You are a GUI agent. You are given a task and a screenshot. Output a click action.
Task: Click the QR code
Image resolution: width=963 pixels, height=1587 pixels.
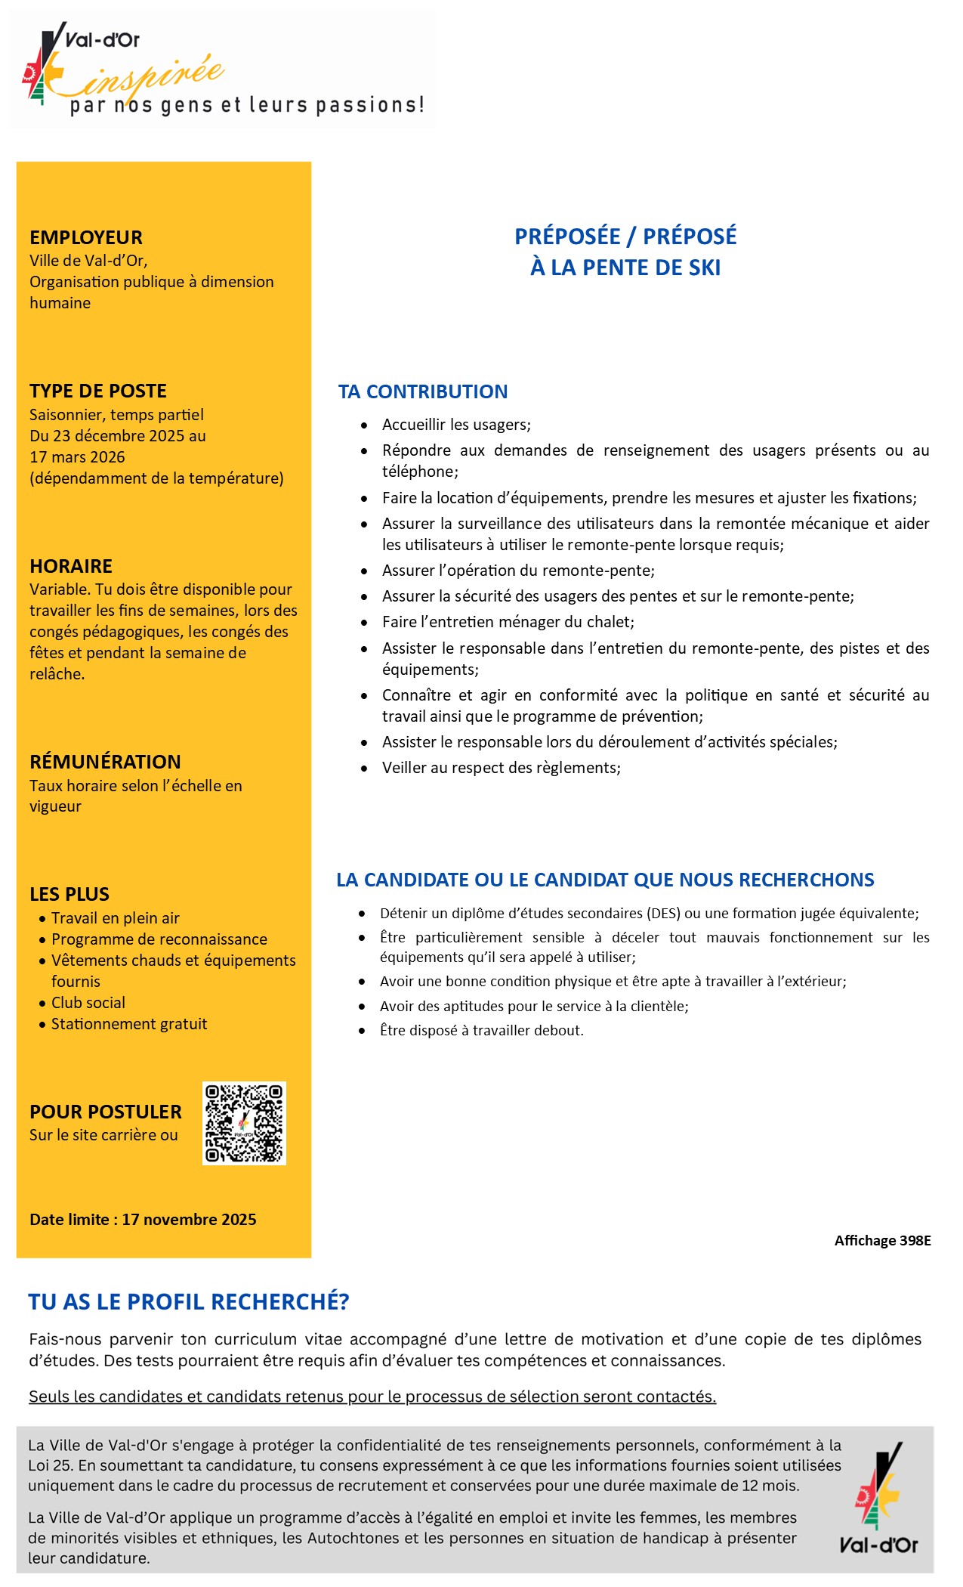click(244, 1123)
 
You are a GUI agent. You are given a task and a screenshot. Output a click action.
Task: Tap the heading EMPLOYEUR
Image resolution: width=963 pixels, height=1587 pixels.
click(86, 237)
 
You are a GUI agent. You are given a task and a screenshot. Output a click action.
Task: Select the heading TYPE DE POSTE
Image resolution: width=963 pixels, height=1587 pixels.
click(98, 391)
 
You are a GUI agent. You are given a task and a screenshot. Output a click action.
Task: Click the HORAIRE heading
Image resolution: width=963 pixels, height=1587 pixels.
click(71, 566)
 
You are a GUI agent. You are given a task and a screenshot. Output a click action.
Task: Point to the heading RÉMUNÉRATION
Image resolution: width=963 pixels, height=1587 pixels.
click(105, 762)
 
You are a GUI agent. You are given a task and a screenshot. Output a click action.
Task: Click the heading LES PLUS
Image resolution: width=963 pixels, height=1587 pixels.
click(69, 894)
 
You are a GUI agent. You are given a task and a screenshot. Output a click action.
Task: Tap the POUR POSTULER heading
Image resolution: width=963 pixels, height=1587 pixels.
click(106, 1112)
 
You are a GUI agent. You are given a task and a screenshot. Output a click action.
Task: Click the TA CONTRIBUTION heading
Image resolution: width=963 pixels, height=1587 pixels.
click(423, 391)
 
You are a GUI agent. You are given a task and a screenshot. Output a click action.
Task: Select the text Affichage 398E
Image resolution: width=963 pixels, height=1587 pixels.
click(882, 1240)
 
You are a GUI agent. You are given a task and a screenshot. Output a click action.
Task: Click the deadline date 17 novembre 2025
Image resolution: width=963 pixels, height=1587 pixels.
click(189, 1219)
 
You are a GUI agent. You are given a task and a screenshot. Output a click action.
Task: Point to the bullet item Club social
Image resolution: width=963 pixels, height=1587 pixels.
click(88, 1003)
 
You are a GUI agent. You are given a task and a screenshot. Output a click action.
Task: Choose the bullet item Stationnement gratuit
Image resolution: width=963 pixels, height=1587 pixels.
click(129, 1024)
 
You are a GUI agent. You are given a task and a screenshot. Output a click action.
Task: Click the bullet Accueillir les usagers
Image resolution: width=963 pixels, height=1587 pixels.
click(456, 425)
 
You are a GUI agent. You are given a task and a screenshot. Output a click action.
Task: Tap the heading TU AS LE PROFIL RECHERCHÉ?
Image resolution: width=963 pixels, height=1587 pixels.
click(189, 1301)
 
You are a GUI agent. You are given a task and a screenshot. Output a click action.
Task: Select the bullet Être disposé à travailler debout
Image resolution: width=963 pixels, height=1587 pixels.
click(481, 1030)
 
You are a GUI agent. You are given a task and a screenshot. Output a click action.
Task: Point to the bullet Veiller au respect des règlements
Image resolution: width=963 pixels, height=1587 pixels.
click(501, 768)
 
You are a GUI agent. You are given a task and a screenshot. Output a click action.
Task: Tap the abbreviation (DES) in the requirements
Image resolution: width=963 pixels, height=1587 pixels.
click(663, 913)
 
